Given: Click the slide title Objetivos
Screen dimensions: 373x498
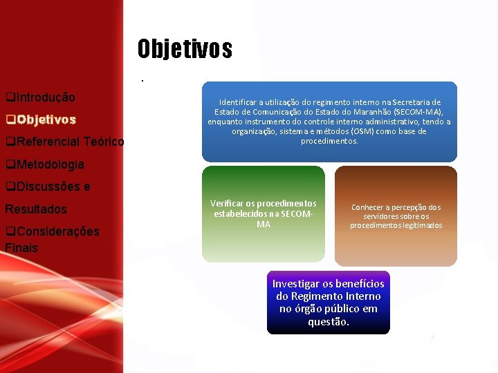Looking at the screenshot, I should tap(185, 49).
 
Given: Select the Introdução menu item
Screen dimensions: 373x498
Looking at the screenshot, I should tap(45, 97).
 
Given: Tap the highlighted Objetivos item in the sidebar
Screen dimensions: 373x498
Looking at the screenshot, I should tap(46, 119).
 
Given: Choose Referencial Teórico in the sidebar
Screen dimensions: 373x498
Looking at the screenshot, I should tap(69, 142).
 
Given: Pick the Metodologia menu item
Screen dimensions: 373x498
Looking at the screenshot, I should tap(49, 164).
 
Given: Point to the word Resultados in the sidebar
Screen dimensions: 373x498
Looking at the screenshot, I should tap(36, 209).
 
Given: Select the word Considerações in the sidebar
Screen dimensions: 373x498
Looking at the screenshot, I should tap(57, 231).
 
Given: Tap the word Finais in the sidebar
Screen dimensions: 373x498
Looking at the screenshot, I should tap(21, 247).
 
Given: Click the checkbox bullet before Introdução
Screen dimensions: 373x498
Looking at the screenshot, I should tap(9, 97).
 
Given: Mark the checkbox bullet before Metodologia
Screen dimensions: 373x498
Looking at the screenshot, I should tap(9, 164).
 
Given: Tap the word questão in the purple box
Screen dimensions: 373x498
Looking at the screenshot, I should tap(329, 321).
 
